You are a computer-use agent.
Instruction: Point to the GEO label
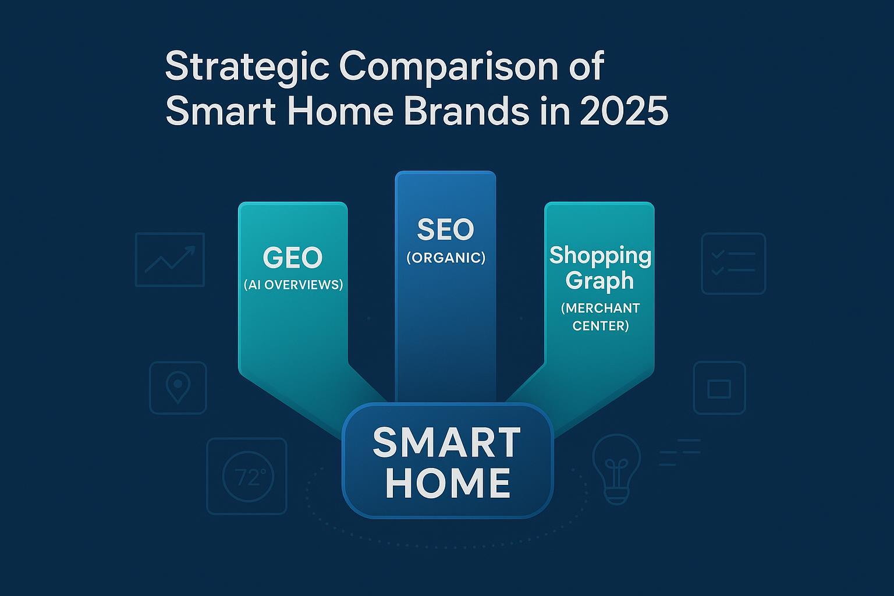coord(293,258)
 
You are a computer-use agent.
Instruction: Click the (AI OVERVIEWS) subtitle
coord(293,285)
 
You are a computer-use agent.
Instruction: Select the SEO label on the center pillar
coord(445,230)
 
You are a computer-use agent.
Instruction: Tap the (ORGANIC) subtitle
coord(445,257)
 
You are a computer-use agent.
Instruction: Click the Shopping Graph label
coord(600,268)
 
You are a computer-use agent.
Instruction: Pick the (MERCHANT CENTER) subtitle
coord(600,317)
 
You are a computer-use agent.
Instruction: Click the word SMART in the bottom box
coord(446,443)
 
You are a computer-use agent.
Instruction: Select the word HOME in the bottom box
coord(448,483)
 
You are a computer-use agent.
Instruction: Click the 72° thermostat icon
coord(247,477)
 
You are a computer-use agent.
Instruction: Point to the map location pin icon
coord(178,388)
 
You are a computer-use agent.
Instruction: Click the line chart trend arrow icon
coord(170,260)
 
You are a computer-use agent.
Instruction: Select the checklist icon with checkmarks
coord(733,263)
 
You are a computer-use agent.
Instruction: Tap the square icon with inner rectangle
coord(719,388)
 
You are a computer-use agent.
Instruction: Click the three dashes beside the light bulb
coord(679,452)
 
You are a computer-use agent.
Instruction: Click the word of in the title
coord(584,67)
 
